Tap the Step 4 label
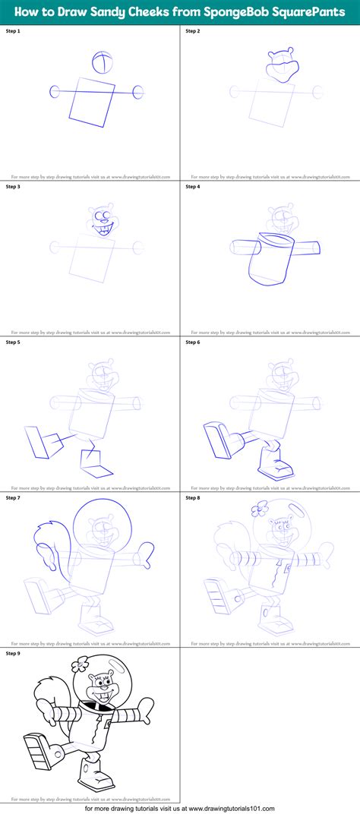[194, 185]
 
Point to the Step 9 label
[13, 652]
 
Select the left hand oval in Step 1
[55, 92]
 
